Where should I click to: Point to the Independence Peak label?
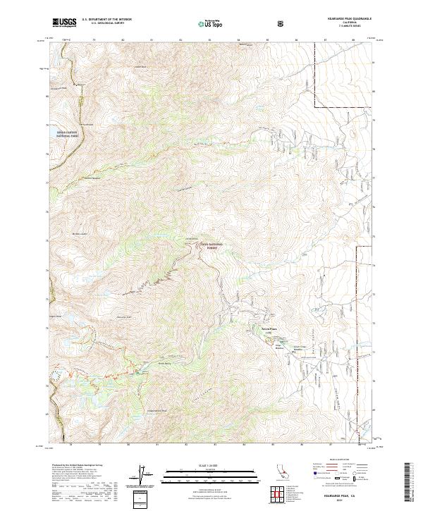tap(156, 411)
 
